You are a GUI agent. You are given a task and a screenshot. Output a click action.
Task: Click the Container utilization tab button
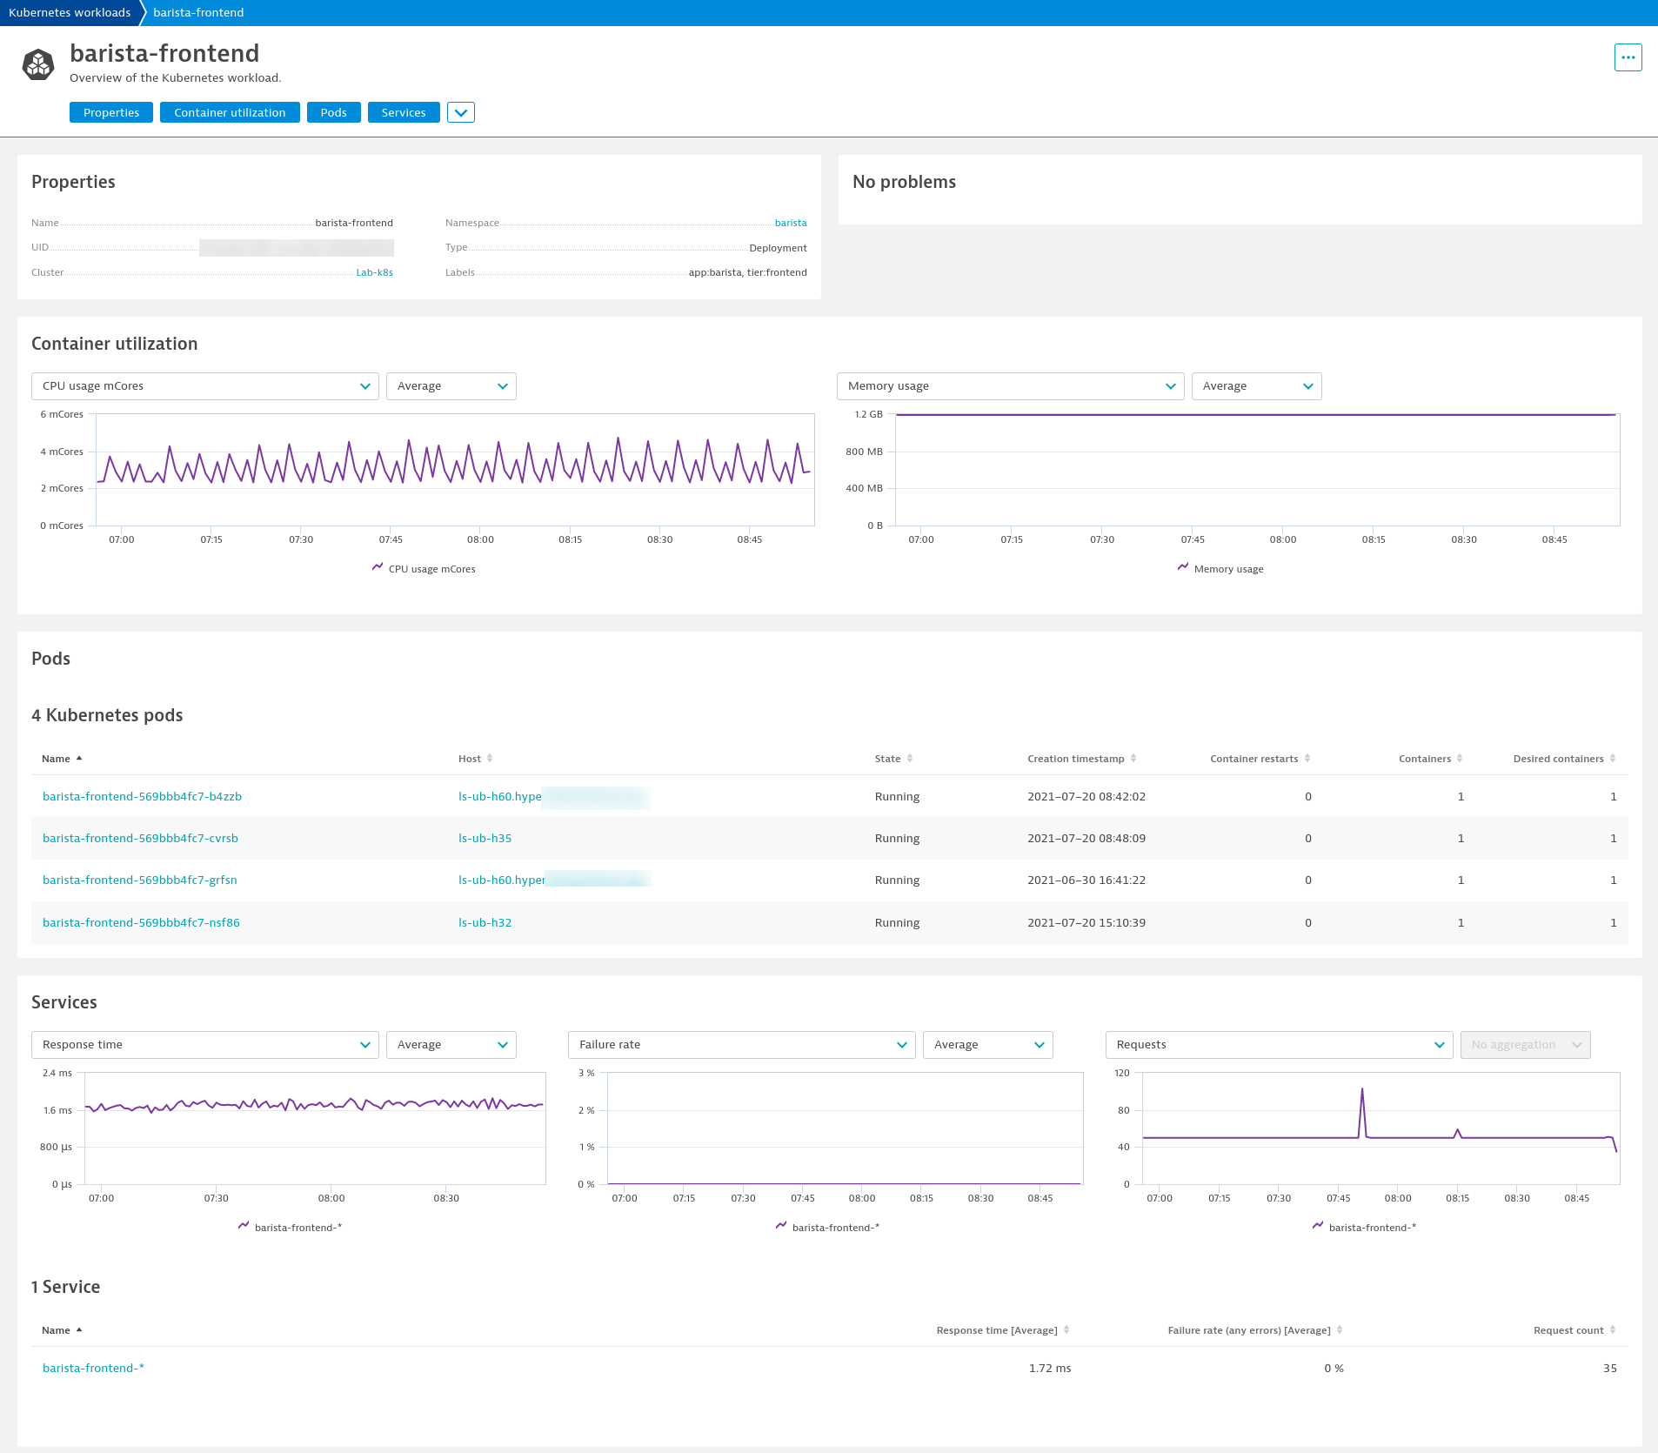point(230,112)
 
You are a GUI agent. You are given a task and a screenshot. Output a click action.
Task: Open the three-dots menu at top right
point(1628,57)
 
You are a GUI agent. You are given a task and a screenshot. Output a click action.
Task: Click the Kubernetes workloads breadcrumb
point(70,12)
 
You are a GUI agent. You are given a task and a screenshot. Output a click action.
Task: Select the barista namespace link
point(790,223)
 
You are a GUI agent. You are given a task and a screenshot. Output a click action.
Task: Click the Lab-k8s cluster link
point(374,272)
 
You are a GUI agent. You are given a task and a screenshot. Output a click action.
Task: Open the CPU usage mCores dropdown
point(204,386)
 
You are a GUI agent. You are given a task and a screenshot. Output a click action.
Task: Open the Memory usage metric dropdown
point(1009,386)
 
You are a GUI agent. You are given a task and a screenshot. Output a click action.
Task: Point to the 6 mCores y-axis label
point(62,414)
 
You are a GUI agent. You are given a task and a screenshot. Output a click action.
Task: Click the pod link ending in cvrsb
point(140,838)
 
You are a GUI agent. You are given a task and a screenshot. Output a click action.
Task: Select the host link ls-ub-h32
point(485,922)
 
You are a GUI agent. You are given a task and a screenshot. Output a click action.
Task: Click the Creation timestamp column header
point(1075,759)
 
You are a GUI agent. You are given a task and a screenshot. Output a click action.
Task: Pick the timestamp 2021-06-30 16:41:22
point(1086,880)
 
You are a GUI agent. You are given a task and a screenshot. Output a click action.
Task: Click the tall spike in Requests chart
point(1361,1091)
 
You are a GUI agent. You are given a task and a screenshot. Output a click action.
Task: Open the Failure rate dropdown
point(741,1045)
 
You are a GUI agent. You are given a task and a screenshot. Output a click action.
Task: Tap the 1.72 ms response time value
point(1049,1368)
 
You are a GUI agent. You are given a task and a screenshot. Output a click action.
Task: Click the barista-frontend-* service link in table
point(93,1368)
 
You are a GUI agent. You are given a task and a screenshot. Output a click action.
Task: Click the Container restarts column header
point(1254,759)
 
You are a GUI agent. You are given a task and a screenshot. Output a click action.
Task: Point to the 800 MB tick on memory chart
point(864,452)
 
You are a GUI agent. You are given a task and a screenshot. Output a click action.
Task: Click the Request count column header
point(1568,1330)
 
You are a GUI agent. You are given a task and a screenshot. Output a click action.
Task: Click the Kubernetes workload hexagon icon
point(38,64)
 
